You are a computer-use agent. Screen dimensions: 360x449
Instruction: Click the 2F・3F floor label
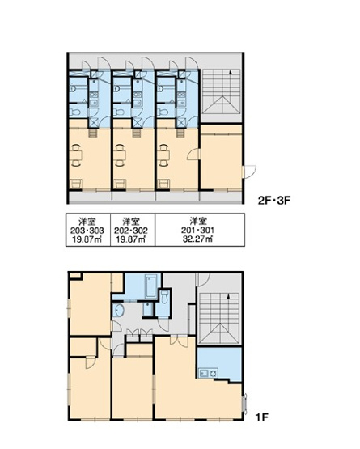coord(274,201)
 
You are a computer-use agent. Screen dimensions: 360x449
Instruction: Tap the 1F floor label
coord(262,417)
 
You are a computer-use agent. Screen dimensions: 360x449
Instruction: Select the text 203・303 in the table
coord(87,231)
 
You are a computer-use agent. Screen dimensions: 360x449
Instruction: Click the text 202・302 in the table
coord(131,231)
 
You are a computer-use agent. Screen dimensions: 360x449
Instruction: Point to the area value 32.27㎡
coord(197,239)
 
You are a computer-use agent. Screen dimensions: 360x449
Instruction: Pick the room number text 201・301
coord(197,231)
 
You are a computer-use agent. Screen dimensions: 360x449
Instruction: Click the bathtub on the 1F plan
coord(151,286)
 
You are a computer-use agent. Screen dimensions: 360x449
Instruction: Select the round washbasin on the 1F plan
coord(118,310)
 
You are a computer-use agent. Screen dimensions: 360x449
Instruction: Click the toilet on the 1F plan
coord(164,297)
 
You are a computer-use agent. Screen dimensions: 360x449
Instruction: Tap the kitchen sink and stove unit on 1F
coord(208,373)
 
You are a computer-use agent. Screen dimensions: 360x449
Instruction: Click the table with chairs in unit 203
coord(76,155)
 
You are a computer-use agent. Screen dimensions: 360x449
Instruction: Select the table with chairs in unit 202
coord(120,155)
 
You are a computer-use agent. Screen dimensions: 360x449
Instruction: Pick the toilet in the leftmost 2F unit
coord(75,112)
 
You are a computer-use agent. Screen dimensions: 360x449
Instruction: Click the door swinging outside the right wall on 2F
coord(249,172)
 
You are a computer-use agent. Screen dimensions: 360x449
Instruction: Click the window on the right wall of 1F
coord(244,403)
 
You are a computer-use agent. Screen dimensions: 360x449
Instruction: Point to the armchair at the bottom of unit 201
coord(164,184)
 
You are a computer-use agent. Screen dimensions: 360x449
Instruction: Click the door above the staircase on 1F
coord(203,279)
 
